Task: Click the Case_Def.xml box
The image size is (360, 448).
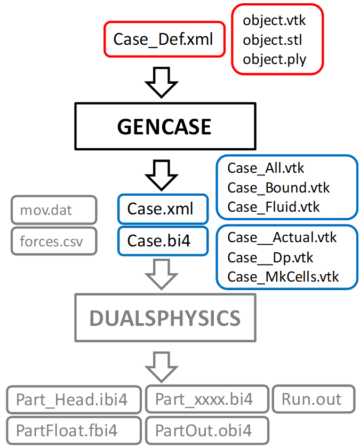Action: coord(163,39)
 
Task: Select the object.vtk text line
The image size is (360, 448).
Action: coord(274,21)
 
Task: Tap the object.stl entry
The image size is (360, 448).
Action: coord(273,40)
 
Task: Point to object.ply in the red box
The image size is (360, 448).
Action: coord(275,59)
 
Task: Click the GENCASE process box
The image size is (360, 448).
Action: coord(164,126)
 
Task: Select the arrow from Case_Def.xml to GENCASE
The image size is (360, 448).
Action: coord(161,82)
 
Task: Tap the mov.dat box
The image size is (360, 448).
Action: coord(53,210)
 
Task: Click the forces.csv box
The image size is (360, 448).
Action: coord(53,241)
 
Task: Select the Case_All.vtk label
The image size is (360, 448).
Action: coord(266,168)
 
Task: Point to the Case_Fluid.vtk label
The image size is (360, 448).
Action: coord(274,207)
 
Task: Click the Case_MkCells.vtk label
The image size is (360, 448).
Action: coord(283,277)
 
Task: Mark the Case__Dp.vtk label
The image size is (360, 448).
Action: coord(270,258)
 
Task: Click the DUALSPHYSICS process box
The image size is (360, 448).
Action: coord(164,318)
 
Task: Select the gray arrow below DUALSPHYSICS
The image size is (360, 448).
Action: coord(161,365)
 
